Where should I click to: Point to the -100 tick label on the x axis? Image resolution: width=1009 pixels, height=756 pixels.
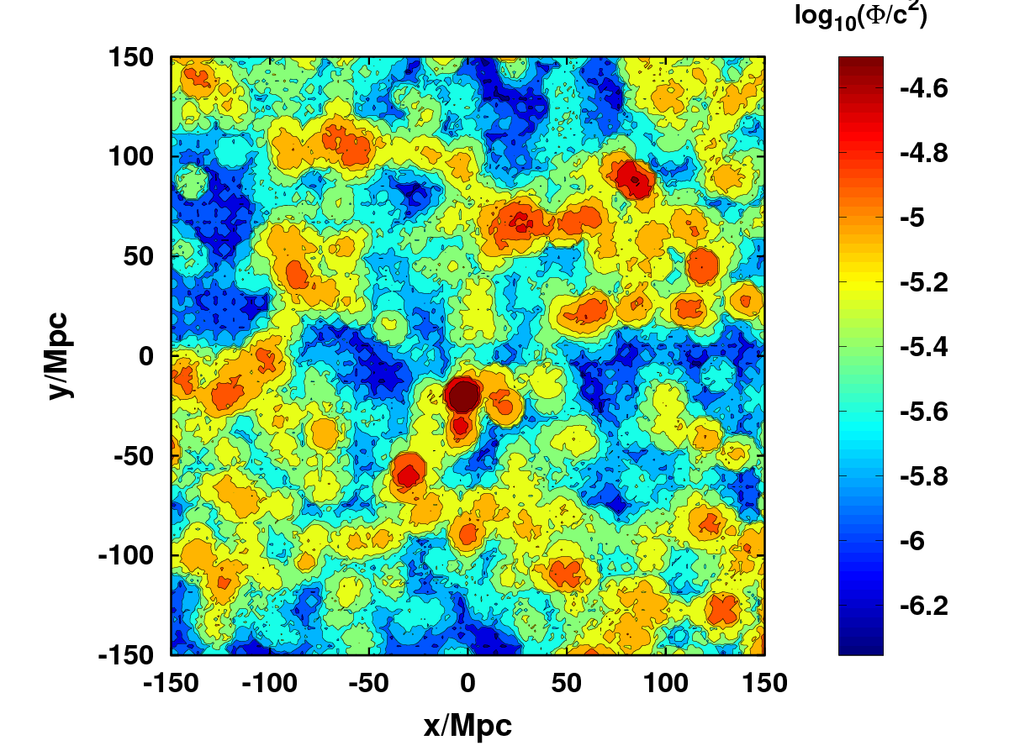269,682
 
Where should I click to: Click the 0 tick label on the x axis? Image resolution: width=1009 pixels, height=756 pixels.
468,682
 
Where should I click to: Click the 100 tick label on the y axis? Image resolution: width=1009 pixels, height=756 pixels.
131,157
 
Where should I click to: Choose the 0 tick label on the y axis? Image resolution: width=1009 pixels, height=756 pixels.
147,356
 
